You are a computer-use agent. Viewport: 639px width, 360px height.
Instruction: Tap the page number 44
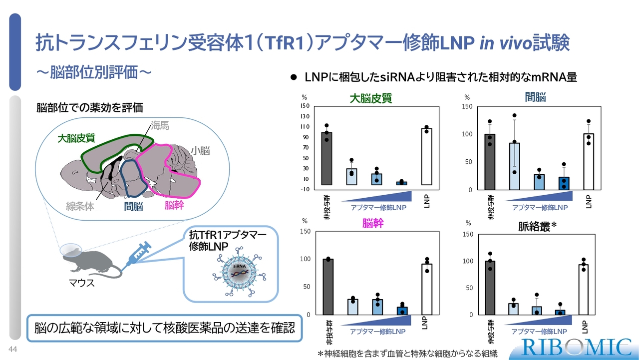(x=13, y=349)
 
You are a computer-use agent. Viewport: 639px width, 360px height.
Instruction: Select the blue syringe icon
(x=136, y=256)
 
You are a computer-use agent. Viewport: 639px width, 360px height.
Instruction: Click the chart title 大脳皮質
(x=371, y=98)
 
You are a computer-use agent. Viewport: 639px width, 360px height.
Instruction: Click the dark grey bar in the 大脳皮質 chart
(x=326, y=159)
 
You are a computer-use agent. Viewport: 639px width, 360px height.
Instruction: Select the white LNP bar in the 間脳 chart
(x=589, y=162)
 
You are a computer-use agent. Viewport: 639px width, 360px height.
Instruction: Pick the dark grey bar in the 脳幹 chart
(x=328, y=287)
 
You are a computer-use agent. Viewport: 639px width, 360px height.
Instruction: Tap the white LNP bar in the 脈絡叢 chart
(x=584, y=290)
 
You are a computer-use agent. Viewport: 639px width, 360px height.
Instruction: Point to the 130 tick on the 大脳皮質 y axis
(x=305, y=116)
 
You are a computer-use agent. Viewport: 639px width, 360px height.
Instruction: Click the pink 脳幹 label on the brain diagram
(x=174, y=205)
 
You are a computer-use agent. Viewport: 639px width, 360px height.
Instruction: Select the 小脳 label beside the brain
(x=200, y=150)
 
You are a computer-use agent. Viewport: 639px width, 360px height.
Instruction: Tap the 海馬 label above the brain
(x=160, y=125)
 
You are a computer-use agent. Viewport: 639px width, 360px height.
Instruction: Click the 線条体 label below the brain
(x=80, y=206)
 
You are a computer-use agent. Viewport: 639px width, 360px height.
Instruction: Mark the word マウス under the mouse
(x=81, y=283)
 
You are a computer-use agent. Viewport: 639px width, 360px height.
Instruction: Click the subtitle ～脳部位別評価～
(x=94, y=72)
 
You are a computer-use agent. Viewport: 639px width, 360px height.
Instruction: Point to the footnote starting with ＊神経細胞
(x=408, y=354)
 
